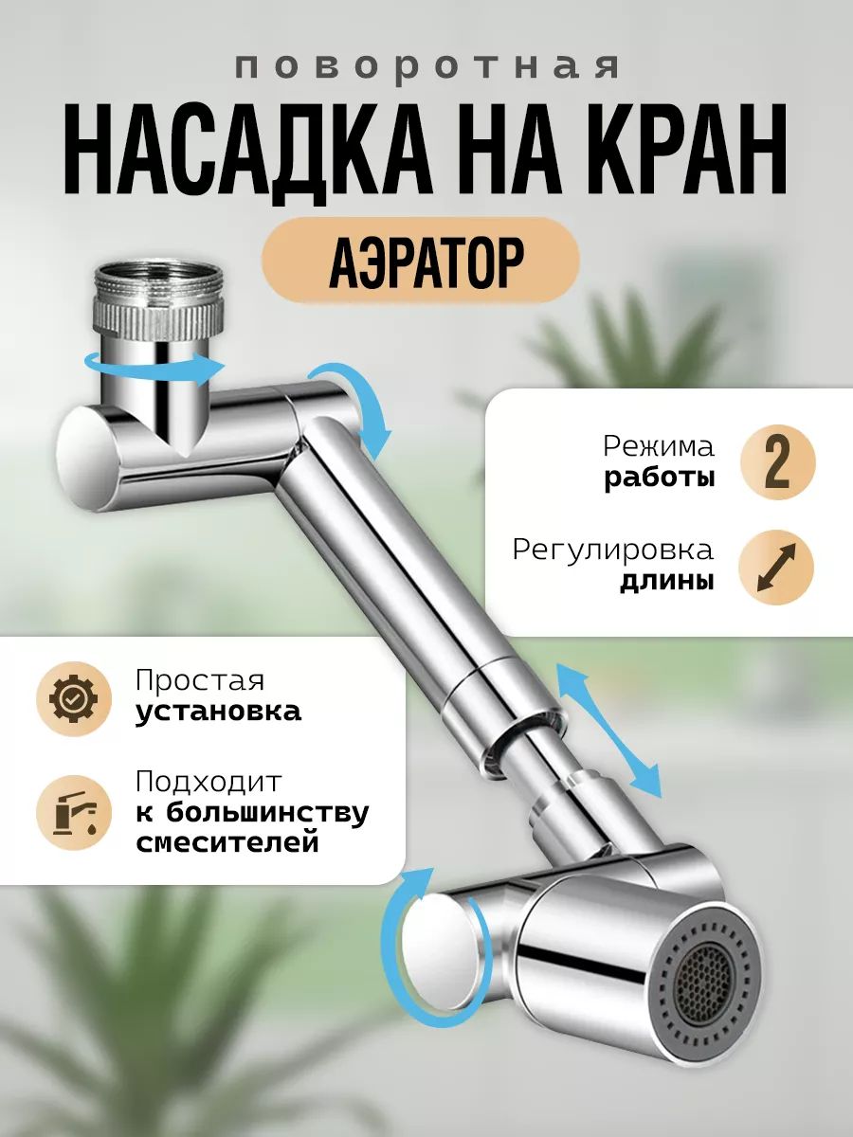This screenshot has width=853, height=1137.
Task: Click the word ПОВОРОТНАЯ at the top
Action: [427, 67]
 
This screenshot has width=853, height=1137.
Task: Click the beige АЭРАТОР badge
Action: [420, 261]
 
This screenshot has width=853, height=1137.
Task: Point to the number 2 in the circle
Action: [777, 462]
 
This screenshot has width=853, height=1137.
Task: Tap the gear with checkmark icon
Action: [74, 698]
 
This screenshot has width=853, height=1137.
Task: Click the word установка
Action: [218, 713]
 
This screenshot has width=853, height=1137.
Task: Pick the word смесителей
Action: [227, 842]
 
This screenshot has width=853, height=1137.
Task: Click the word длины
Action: [667, 582]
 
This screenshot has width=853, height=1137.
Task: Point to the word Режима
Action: [659, 446]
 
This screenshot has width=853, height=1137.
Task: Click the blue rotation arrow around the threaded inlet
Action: [155, 372]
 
